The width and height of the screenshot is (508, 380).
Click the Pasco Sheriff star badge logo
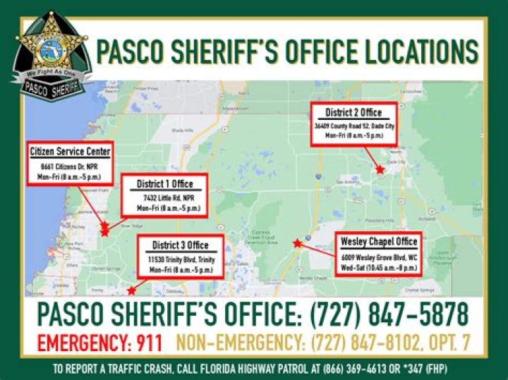tap(53, 49)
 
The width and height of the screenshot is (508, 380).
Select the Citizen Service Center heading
tap(70, 152)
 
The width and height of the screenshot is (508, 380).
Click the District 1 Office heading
tap(164, 185)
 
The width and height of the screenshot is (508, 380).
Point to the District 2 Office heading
tap(353, 113)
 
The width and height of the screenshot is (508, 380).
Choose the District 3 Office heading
tap(181, 245)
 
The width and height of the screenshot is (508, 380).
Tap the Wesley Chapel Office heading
tap(378, 242)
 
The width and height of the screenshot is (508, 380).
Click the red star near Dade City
tap(380, 170)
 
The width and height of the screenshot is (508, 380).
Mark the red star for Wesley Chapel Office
tap(297, 244)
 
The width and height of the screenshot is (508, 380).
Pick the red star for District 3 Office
tap(131, 290)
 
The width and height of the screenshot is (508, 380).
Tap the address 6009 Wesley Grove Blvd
tap(378, 256)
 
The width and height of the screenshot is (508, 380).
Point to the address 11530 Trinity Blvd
tap(181, 259)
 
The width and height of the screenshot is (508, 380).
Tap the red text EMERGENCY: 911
tap(99, 343)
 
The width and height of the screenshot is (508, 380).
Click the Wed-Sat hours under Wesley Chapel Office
tap(378, 267)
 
